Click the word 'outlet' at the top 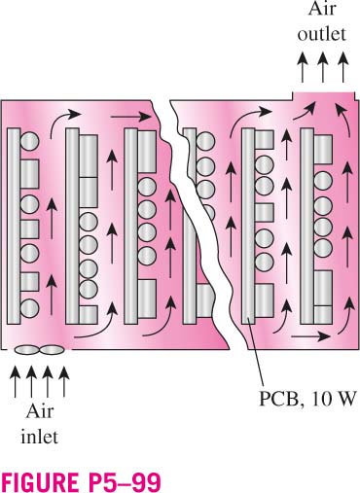(x=322, y=34)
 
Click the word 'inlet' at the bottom (x=40, y=437)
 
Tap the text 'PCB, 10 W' (x=307, y=398)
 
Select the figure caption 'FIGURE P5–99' (x=81, y=483)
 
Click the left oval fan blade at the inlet (x=26, y=350)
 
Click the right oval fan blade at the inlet (x=52, y=350)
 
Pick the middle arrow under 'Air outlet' (x=322, y=67)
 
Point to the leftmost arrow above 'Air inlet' (x=15, y=381)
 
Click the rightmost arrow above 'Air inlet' (x=64, y=381)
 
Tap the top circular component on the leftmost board (x=30, y=141)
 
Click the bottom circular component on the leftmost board (x=30, y=308)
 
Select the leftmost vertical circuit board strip (x=14, y=226)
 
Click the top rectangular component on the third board (x=147, y=152)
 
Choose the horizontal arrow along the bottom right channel (x=310, y=336)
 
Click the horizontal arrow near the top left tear (x=131, y=116)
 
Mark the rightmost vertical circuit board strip (x=307, y=226)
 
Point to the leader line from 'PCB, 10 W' (x=256, y=352)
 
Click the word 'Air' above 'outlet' (x=322, y=9)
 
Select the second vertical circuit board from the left (x=72, y=226)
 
